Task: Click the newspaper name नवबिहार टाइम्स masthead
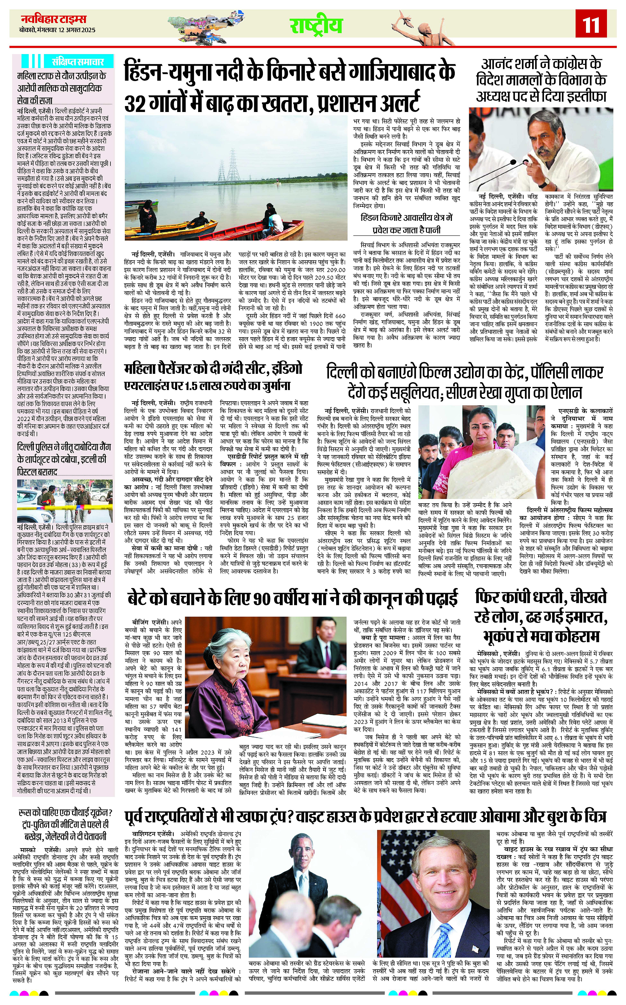(x=54, y=19)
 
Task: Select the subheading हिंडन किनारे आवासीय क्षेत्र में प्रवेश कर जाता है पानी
(x=407, y=223)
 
